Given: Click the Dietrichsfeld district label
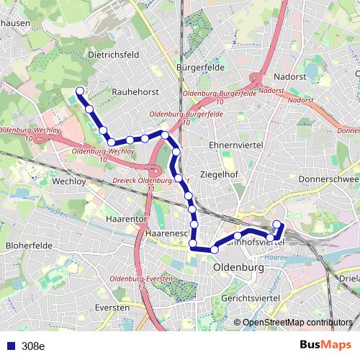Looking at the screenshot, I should click(x=112, y=53).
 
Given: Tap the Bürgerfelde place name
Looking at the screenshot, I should click(x=201, y=67).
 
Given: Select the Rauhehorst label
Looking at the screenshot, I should click(x=135, y=91).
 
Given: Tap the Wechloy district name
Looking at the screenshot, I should click(x=70, y=183).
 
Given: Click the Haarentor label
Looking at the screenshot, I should click(x=126, y=217).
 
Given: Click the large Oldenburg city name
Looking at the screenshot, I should click(x=238, y=268).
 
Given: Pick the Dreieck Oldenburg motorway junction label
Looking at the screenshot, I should click(x=150, y=181).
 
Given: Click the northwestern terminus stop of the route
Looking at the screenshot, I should click(x=78, y=91).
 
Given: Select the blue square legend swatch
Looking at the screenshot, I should click(x=10, y=346).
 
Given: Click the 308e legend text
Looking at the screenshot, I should click(x=33, y=346).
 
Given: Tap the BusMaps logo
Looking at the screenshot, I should click(x=325, y=345).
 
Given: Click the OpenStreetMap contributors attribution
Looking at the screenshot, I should click(x=297, y=322).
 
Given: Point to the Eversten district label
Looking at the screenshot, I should click(x=112, y=307).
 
